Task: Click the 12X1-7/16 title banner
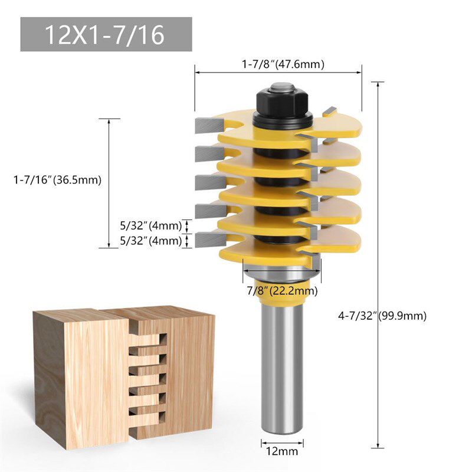pyautogui.click(x=106, y=34)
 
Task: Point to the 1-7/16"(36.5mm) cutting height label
pyautogui.click(x=57, y=180)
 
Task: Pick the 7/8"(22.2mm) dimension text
pyautogui.click(x=282, y=290)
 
